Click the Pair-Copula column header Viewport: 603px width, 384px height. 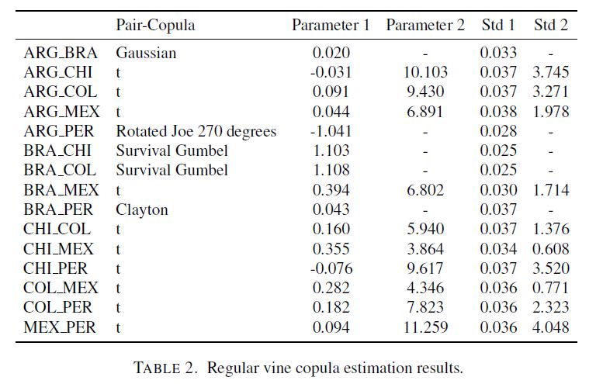pyautogui.click(x=155, y=26)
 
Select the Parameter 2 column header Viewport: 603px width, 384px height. pyautogui.click(x=425, y=26)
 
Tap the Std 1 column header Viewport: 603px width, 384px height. pyautogui.click(x=498, y=26)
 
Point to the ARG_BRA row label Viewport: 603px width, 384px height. pyautogui.click(x=61, y=53)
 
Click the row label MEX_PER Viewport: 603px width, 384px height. pyautogui.click(x=60, y=327)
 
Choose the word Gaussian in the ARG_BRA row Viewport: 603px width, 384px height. pyautogui.click(x=146, y=53)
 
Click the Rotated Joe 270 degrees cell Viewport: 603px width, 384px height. pyautogui.click(x=196, y=131)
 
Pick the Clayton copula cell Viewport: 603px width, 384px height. pyautogui.click(x=142, y=210)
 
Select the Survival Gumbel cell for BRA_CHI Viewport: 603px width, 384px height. pyautogui.click(x=172, y=150)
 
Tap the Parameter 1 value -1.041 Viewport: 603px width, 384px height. pyautogui.click(x=331, y=131)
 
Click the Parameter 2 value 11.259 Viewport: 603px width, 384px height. pyautogui.click(x=425, y=327)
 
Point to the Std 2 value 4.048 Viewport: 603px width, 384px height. pyautogui.click(x=551, y=327)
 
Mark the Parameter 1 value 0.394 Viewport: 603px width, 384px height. pyautogui.click(x=331, y=190)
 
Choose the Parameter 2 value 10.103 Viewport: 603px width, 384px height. pyautogui.click(x=425, y=72)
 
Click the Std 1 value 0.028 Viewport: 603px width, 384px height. pyautogui.click(x=498, y=131)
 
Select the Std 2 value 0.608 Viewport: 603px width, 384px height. pyautogui.click(x=551, y=249)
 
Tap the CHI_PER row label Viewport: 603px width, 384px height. pyautogui.click(x=55, y=268)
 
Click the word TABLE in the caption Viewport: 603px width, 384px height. pyautogui.click(x=157, y=368)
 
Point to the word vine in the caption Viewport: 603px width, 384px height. pyautogui.click(x=278, y=368)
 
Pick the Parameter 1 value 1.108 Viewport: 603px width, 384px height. pyautogui.click(x=331, y=171)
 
